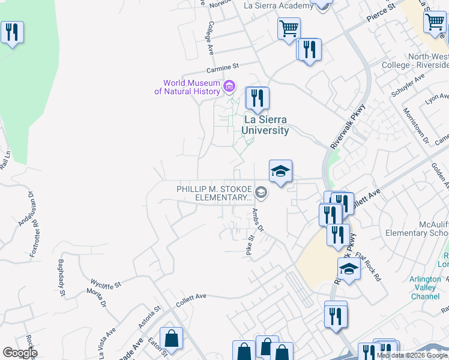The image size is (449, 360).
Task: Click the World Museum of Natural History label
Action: tap(187, 87)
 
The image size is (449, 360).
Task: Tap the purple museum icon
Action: tap(229, 87)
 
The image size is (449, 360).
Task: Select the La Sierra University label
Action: tap(266, 125)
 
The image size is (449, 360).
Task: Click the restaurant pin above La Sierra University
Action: tap(258, 98)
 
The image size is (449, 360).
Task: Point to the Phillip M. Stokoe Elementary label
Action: tap(214, 193)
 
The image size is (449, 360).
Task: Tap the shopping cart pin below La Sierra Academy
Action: tap(289, 28)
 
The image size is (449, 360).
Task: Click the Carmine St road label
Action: tap(223, 67)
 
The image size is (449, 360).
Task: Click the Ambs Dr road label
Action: tap(258, 220)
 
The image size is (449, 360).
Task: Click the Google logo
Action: tap(19, 353)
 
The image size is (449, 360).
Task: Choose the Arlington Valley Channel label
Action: tap(427, 287)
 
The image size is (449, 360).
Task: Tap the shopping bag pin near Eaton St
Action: tap(172, 338)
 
